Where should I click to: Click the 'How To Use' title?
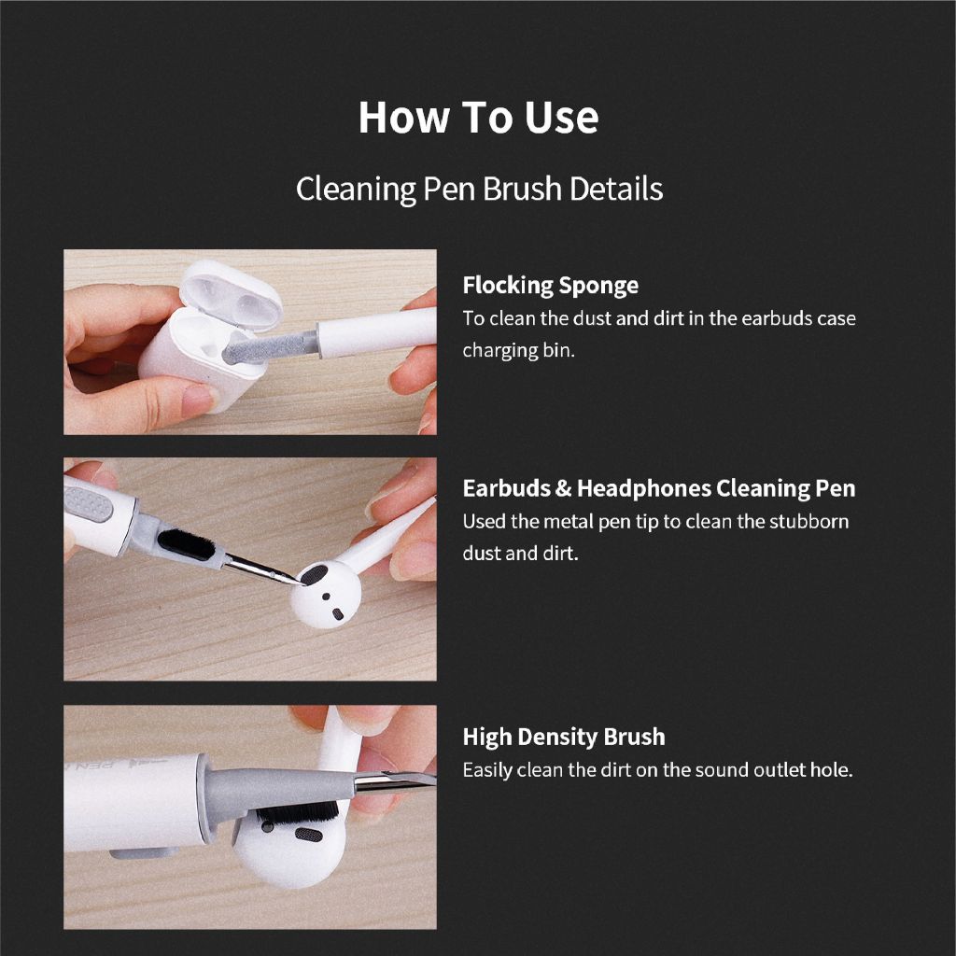(478, 117)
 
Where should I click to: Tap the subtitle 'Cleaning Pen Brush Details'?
(479, 189)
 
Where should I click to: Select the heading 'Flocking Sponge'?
(551, 286)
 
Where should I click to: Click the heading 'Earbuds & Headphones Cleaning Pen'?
(658, 488)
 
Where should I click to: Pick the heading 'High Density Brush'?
(563, 737)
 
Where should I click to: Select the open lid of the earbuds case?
(232, 295)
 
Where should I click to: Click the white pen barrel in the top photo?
(377, 332)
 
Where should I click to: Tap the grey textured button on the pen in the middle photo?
(89, 504)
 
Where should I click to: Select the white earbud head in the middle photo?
(326, 595)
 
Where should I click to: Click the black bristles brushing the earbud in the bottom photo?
(298, 811)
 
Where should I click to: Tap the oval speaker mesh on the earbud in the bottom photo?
(308, 834)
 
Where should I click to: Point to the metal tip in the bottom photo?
(395, 780)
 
